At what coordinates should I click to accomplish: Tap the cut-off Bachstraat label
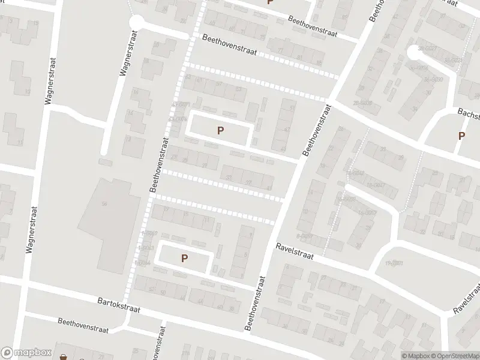pos(467,113)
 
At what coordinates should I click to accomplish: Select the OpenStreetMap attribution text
pos(454,356)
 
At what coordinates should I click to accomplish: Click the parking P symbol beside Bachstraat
pos(461,136)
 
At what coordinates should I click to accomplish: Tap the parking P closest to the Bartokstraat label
pos(184,258)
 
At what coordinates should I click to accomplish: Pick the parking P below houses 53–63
pos(220,130)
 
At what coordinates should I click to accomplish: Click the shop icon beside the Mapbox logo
pos(64,357)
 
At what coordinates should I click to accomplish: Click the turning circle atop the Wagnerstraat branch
pos(136,22)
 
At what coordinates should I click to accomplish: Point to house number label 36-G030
pos(433,80)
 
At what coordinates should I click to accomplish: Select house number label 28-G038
pos(364,103)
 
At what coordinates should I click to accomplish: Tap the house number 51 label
pos(292,108)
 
